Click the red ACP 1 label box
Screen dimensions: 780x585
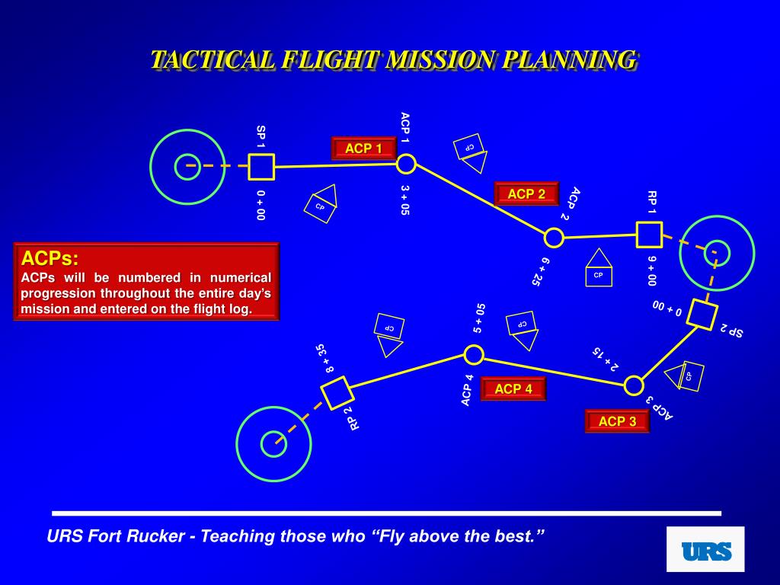click(363, 149)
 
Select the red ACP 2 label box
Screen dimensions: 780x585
click(526, 194)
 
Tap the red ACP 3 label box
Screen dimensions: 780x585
click(617, 421)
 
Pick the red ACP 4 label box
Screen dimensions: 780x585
click(513, 389)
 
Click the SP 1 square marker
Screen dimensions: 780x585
click(261, 166)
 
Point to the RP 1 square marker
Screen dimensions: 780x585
click(649, 235)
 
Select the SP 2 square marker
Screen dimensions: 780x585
click(702, 314)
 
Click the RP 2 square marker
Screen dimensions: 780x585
click(336, 392)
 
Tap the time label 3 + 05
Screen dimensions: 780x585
click(405, 200)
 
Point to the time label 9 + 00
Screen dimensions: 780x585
click(651, 270)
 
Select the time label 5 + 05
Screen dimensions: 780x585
click(479, 318)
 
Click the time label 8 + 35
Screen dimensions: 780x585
click(325, 358)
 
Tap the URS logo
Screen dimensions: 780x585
click(705, 550)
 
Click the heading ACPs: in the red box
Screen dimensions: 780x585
click(50, 257)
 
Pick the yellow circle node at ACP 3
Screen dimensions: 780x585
click(634, 385)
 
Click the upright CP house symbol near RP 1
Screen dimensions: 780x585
click(599, 268)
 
